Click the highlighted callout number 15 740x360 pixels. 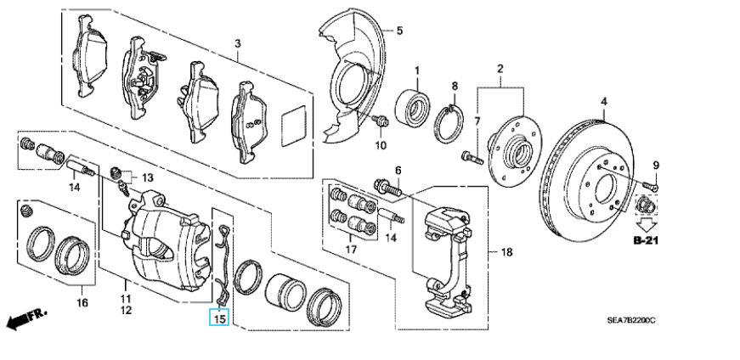coord(220,318)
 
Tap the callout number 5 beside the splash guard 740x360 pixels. coord(399,31)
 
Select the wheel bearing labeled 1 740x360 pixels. coord(412,109)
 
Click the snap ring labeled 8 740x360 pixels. coord(449,124)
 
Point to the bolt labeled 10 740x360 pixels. coord(381,121)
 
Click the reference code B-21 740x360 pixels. coord(645,240)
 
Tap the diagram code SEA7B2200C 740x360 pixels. coord(631,320)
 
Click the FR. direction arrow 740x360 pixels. coord(27,319)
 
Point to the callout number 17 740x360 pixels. coord(351,249)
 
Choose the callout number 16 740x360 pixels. coord(82,302)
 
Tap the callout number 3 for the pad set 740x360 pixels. coord(238,44)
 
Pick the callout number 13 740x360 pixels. coord(148,177)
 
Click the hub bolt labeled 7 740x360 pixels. coord(472,158)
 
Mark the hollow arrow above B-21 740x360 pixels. coord(645,222)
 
